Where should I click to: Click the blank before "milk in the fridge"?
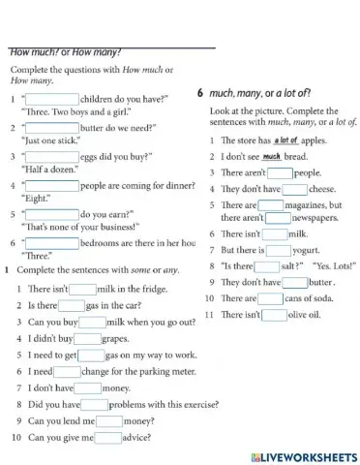(83, 288)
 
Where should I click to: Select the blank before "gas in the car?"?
(72, 304)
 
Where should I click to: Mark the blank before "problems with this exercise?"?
(95, 405)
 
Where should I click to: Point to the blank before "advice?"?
(108, 438)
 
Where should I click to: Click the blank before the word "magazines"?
(271, 205)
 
